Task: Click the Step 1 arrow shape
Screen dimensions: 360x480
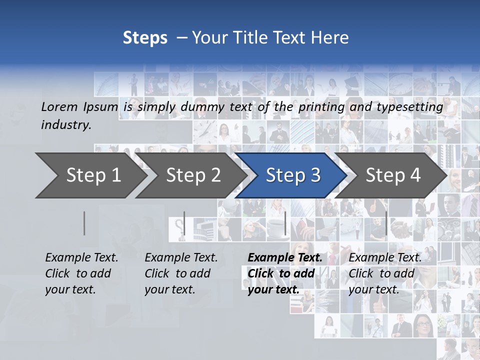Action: pyautogui.click(x=90, y=175)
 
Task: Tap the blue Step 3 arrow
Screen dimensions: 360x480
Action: pyautogui.click(x=293, y=175)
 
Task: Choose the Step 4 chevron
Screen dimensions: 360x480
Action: pyautogui.click(x=393, y=175)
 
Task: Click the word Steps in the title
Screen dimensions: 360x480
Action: pyautogui.click(x=145, y=38)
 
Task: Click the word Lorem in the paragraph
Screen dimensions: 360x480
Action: pyautogui.click(x=59, y=106)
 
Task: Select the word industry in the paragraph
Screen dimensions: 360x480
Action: pyautogui.click(x=66, y=124)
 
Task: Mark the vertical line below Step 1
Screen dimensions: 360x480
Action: pyautogui.click(x=84, y=223)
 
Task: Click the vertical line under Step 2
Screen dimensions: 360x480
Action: pyautogui.click(x=184, y=223)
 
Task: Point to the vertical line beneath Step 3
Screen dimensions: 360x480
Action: pyautogui.click(x=285, y=223)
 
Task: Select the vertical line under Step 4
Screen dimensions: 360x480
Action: pyautogui.click(x=386, y=223)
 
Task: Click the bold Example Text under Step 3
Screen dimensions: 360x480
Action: pyautogui.click(x=285, y=257)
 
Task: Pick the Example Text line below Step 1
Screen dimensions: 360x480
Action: pyautogui.click(x=81, y=257)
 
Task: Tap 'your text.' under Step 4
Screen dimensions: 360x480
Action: pyautogui.click(x=373, y=289)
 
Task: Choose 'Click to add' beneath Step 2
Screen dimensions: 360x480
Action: pyautogui.click(x=177, y=273)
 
